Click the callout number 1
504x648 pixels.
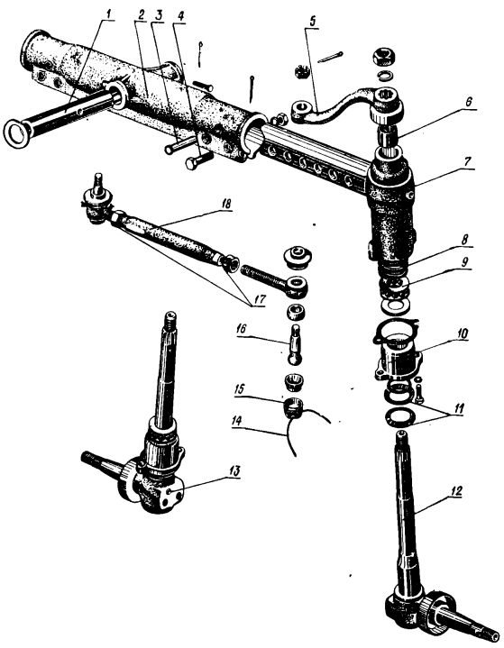tap(108, 14)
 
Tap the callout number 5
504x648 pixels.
tap(312, 22)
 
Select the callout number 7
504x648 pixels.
tap(467, 161)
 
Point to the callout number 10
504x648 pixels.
tap(463, 333)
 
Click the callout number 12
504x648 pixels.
tap(456, 491)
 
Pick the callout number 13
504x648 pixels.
tap(234, 470)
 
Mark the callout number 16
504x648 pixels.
tap(242, 329)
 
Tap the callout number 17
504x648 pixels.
tap(260, 298)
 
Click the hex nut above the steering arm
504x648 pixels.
tap(384, 57)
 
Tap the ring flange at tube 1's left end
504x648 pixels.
tap(15, 133)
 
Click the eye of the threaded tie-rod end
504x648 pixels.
tap(298, 284)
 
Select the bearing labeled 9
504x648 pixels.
tap(395, 286)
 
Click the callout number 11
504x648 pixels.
tap(458, 409)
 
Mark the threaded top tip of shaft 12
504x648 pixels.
tap(400, 434)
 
